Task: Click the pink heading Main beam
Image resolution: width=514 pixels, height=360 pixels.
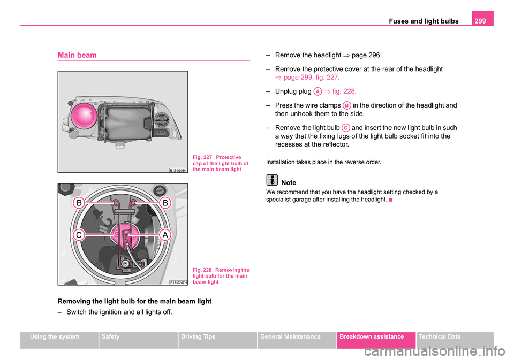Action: [77, 55]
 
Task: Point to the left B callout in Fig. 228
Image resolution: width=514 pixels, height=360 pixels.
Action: [79, 203]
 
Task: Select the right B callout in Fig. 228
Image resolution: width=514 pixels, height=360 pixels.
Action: [164, 203]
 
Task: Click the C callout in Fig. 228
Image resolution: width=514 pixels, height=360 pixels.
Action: [79, 235]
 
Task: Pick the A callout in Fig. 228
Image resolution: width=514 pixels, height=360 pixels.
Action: [164, 235]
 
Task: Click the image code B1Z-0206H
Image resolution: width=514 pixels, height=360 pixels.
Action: [178, 170]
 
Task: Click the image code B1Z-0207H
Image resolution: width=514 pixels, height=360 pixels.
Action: [178, 282]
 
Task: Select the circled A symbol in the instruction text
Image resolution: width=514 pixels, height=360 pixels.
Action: [318, 91]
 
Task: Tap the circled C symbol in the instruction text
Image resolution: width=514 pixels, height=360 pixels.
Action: [346, 128]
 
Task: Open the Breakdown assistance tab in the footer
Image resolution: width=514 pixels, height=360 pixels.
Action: [376, 337]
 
